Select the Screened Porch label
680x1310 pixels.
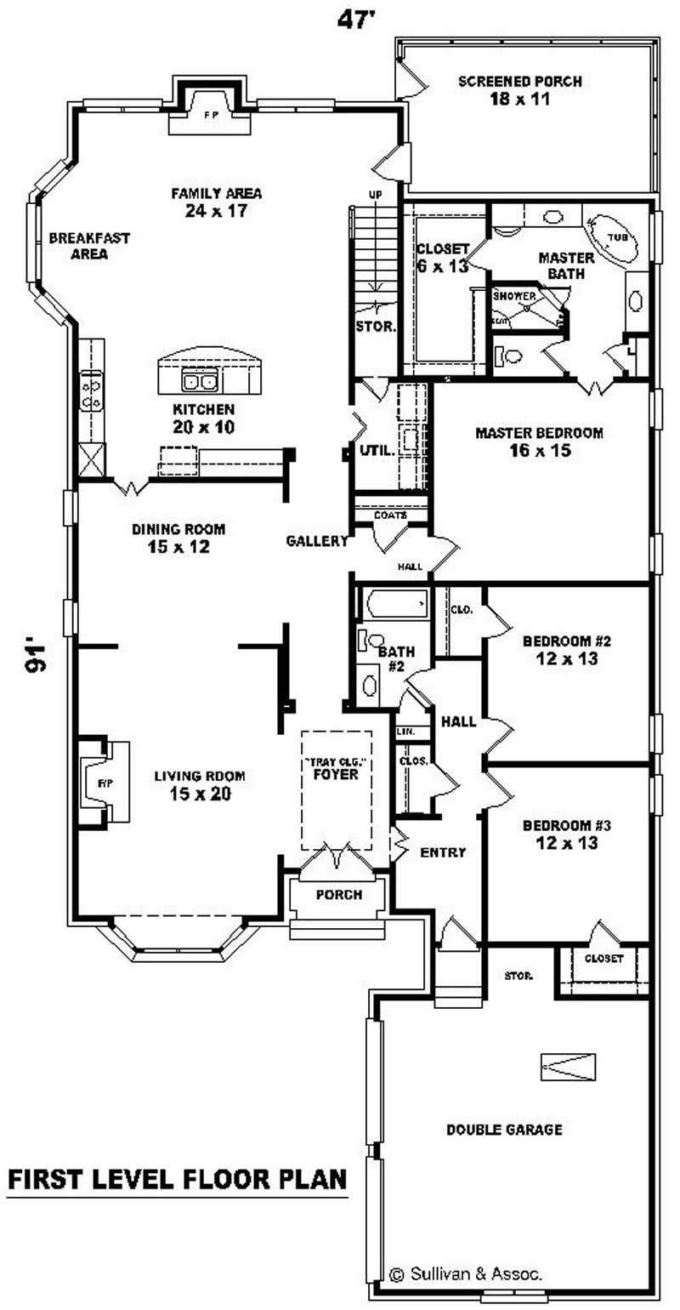519,90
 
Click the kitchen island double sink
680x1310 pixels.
200,379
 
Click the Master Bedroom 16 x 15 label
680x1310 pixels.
539,441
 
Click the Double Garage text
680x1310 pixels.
504,1130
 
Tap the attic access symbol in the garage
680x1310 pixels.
567,1067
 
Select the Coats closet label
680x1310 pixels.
390,515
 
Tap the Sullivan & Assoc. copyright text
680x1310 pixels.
466,1273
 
